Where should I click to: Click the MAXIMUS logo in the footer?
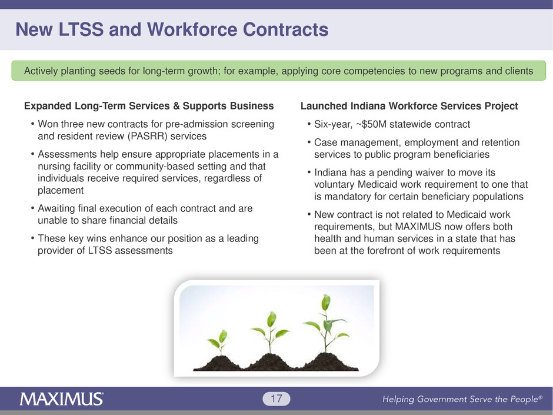tap(62, 399)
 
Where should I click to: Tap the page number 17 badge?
tap(276, 399)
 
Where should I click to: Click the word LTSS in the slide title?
tap(81, 29)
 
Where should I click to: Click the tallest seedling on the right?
tap(326, 323)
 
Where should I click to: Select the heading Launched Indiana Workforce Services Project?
tap(409, 106)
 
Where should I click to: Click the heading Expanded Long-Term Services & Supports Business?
tap(149, 106)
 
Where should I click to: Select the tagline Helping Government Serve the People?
tap(462, 399)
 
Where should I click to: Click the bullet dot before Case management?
tap(309, 142)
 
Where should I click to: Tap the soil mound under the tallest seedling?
tap(327, 362)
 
